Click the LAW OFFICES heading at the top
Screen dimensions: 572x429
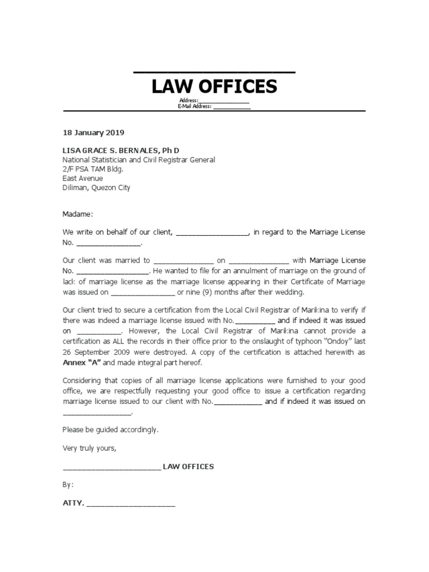coord(214,87)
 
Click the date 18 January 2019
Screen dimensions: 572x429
coord(93,133)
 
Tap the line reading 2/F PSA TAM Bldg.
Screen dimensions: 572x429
coord(93,169)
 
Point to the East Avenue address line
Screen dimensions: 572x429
coord(83,179)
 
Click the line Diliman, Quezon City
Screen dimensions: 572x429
coord(96,188)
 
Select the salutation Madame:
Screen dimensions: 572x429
coord(78,214)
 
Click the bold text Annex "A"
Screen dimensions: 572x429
coord(81,362)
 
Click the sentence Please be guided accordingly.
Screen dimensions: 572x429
coord(111,430)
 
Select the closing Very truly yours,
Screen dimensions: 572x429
coord(89,448)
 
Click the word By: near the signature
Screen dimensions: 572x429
coord(68,485)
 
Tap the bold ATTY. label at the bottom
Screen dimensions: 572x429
coord(73,503)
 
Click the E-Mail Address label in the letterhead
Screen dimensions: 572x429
coord(194,106)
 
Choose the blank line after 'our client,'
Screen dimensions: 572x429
coord(213,233)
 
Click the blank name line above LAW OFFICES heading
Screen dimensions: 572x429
coord(214,71)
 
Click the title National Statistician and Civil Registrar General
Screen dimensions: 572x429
coord(139,160)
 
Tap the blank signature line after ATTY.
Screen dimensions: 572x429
coord(131,504)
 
